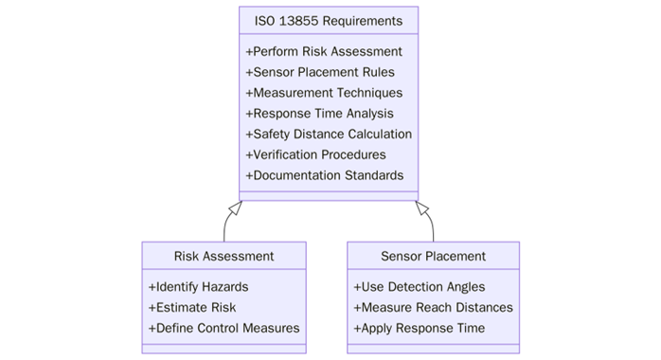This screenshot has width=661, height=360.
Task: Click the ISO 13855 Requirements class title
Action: tap(328, 21)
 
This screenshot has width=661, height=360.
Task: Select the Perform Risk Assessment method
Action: tap(324, 51)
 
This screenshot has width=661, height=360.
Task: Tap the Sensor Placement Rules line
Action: tap(320, 72)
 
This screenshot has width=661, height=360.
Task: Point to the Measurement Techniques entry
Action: tap(324, 93)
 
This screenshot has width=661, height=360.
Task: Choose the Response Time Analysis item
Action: tap(319, 114)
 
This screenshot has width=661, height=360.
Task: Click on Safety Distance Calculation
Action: tap(329, 135)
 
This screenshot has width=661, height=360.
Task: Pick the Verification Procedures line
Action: tap(315, 154)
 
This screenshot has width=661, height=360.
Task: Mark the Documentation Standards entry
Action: tap(324, 175)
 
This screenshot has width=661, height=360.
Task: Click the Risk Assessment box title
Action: tap(223, 256)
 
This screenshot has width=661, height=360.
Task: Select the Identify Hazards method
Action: tap(198, 286)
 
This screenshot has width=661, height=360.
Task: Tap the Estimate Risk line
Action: tap(192, 307)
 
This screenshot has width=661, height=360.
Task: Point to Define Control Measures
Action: tap(223, 328)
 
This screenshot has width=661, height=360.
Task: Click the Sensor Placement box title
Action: tap(433, 256)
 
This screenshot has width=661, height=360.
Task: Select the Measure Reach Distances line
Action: tap(433, 307)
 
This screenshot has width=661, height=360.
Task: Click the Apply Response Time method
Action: tap(419, 328)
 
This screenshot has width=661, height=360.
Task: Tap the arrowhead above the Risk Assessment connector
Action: tap(236, 207)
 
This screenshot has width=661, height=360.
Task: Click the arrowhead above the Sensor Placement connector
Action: tap(422, 207)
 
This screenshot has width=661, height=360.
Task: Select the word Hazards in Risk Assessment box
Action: tap(223, 286)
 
